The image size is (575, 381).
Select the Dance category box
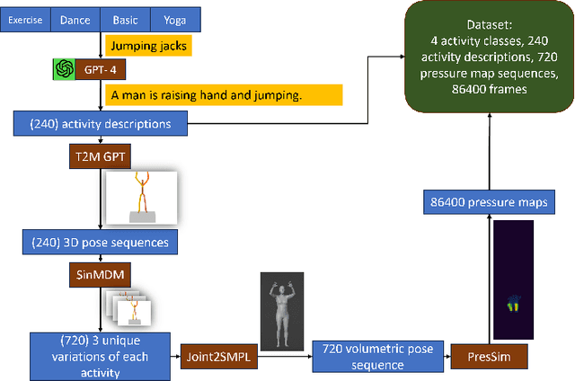tap(75, 19)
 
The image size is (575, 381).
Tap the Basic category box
tap(125, 19)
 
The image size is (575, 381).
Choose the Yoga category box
tap(175, 19)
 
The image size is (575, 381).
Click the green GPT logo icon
tap(65, 68)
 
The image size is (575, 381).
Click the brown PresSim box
tap(488, 356)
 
